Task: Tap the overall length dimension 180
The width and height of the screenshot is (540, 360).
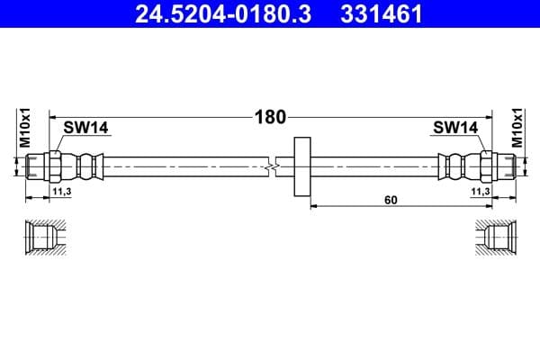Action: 270,117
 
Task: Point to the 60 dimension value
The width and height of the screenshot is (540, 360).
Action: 390,200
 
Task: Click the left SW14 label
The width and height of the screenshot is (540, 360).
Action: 85,128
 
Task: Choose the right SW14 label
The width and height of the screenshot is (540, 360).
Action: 454,128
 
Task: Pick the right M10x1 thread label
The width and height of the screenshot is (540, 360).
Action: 517,128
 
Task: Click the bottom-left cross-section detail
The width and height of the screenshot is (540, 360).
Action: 45,238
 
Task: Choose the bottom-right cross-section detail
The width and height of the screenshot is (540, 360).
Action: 495,238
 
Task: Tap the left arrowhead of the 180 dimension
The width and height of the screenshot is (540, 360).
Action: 53,117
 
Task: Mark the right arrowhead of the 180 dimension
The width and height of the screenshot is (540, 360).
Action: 488,117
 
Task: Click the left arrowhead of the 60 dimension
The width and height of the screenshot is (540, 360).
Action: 314,206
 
